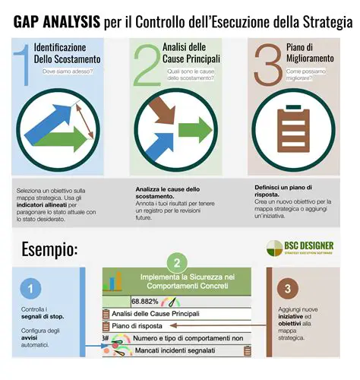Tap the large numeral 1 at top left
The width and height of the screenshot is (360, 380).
tap(24, 64)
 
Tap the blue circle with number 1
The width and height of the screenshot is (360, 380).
tap(30, 289)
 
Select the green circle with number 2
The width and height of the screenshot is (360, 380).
tap(176, 264)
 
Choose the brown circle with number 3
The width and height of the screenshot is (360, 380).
tap(286, 289)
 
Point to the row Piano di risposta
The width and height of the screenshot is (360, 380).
tap(136, 326)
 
